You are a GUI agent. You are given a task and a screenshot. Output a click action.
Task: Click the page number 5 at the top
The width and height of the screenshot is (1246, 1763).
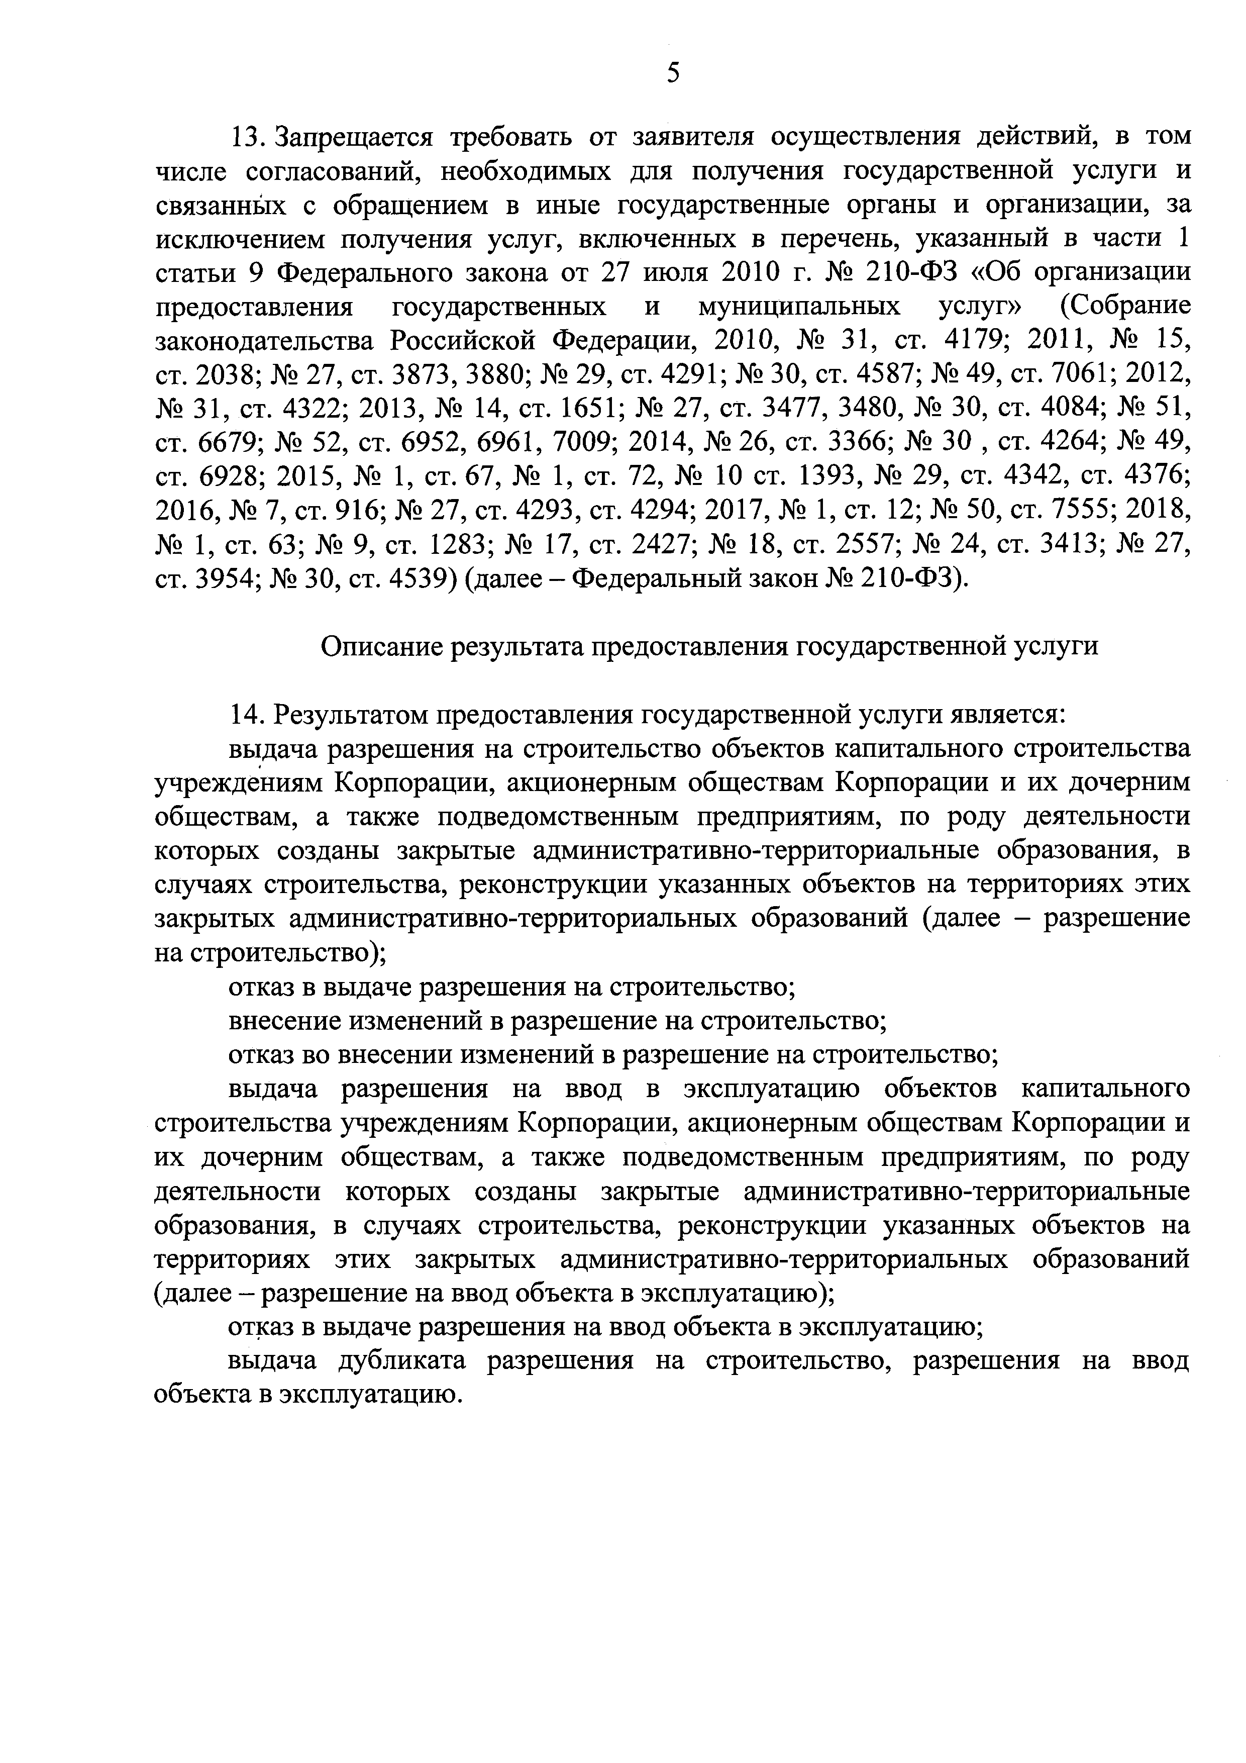tap(673, 74)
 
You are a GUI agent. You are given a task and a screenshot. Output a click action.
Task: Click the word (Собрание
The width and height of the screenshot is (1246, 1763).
tap(1125, 307)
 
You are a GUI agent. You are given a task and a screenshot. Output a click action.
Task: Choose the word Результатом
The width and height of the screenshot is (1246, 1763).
tap(352, 715)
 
